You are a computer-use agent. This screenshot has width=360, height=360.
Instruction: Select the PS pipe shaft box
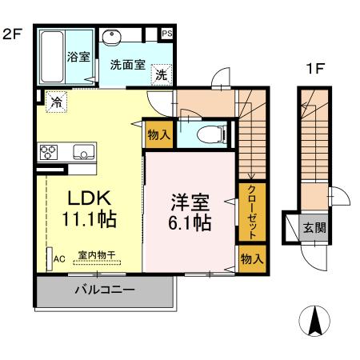(x=167, y=34)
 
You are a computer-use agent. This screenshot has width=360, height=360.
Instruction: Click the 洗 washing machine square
(x=162, y=75)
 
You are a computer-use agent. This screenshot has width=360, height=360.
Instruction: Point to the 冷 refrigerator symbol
(x=58, y=102)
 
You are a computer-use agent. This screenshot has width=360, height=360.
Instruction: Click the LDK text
(x=81, y=198)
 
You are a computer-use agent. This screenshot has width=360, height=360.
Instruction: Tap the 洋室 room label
(x=190, y=200)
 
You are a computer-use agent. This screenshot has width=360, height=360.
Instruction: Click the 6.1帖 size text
(x=190, y=222)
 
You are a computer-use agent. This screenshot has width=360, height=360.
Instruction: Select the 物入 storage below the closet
(x=251, y=258)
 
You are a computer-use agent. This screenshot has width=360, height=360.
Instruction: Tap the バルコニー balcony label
(x=105, y=290)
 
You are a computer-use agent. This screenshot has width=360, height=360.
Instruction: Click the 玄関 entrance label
(x=314, y=228)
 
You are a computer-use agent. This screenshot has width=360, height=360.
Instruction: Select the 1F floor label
(x=314, y=70)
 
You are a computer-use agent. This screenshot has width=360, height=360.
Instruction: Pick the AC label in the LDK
(x=58, y=259)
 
